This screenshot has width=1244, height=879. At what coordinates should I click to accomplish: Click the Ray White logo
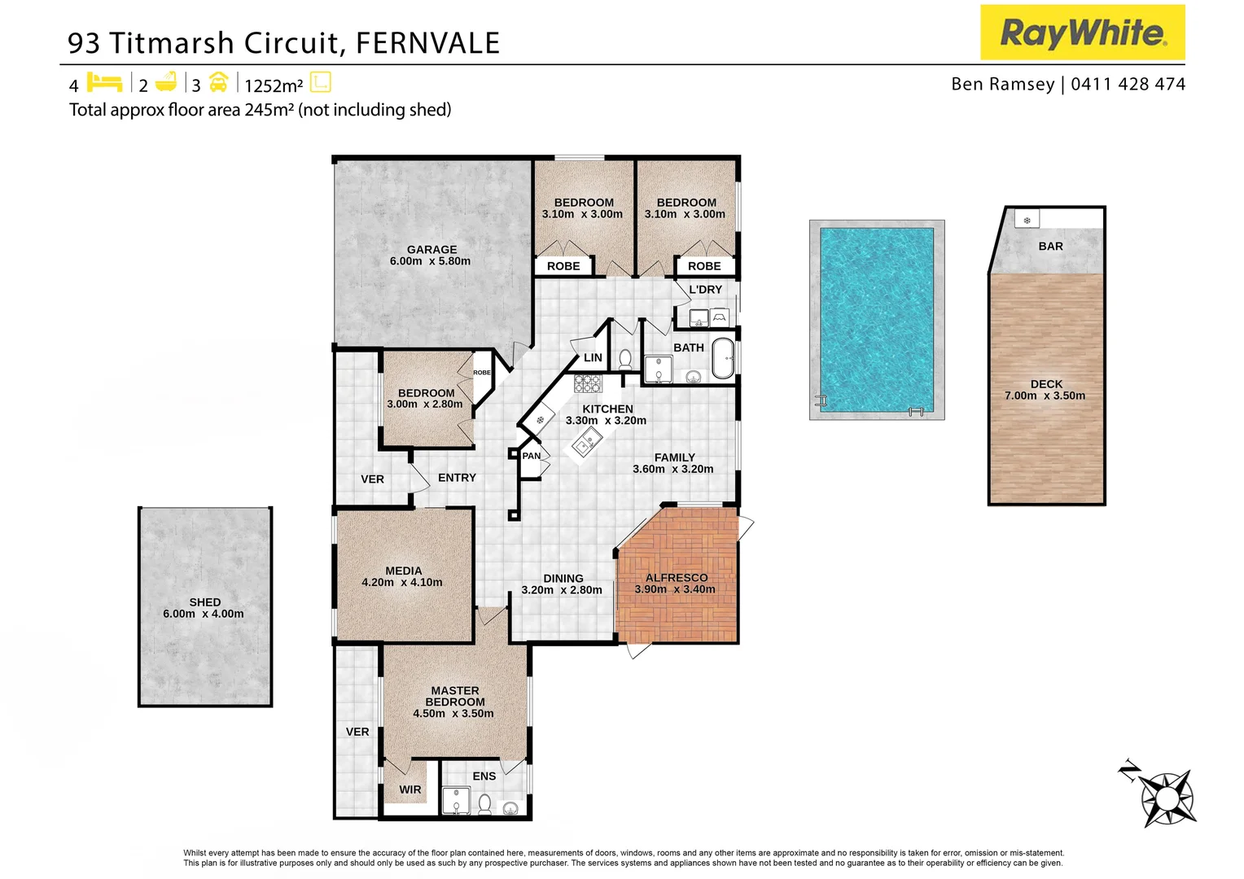click(x=1082, y=33)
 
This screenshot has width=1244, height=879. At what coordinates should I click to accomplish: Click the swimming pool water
click(x=876, y=319)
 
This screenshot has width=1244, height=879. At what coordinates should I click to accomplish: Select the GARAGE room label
click(x=431, y=250)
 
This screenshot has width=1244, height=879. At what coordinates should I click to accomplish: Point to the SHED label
click(x=204, y=602)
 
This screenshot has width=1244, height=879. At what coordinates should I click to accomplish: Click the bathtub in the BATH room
click(x=723, y=359)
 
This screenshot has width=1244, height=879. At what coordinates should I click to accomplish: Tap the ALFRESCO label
click(x=676, y=578)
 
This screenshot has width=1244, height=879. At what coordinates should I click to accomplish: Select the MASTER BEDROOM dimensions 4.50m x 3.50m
click(x=453, y=714)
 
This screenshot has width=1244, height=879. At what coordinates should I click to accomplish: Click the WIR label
click(x=410, y=789)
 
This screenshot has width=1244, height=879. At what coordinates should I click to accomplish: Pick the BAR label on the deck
click(x=1050, y=246)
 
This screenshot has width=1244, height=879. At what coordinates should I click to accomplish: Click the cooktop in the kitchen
click(x=587, y=384)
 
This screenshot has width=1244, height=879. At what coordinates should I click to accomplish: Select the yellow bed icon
click(x=104, y=82)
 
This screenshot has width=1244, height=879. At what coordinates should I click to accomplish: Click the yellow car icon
click(x=218, y=82)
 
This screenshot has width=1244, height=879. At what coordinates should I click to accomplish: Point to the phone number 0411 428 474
click(x=1128, y=84)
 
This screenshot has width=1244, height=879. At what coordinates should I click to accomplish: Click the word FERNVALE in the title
click(x=427, y=43)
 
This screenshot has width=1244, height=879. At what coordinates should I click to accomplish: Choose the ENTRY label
click(x=457, y=478)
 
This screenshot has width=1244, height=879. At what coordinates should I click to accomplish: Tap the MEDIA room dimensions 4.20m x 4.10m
click(x=402, y=583)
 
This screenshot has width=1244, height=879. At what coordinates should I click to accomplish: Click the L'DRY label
click(x=705, y=290)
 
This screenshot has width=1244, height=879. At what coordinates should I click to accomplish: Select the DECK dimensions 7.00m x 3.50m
click(x=1045, y=396)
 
